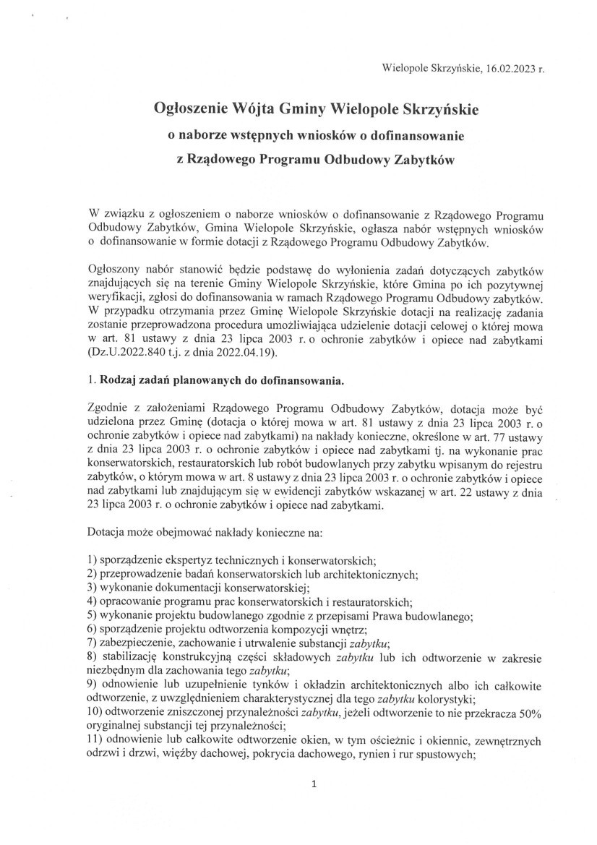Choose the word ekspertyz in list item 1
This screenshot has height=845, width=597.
click(x=191, y=559)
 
